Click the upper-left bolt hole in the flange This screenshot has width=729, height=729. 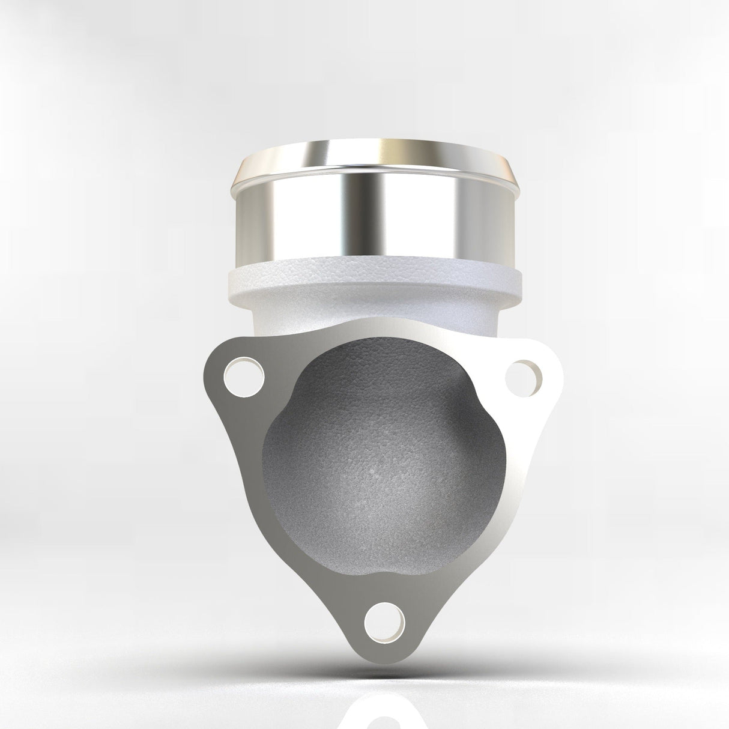click(243, 377)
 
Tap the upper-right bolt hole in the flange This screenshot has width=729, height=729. click(524, 377)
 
